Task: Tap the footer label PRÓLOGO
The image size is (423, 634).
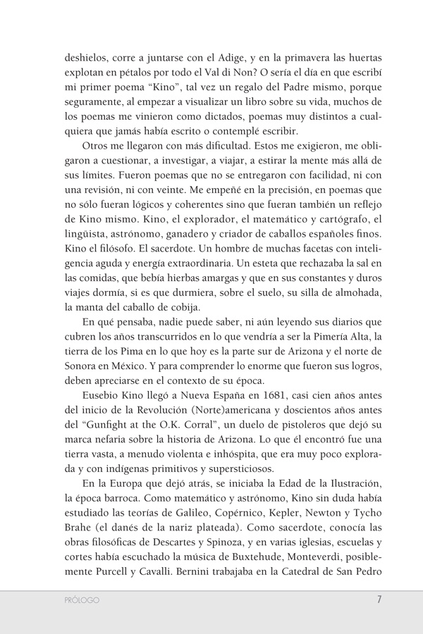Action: pyautogui.click(x=79, y=601)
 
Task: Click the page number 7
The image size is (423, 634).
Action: pyautogui.click(x=379, y=600)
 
